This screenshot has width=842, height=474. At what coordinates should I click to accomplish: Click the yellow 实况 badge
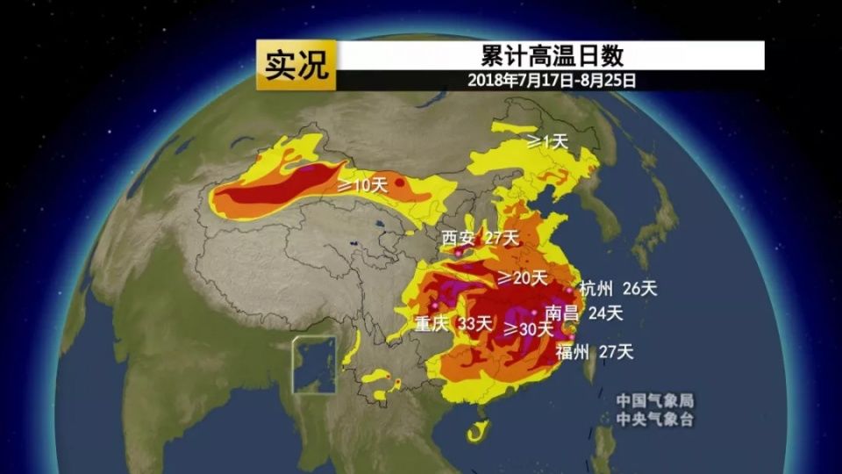[x=296, y=65]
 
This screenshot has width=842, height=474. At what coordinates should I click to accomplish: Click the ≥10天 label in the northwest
[x=362, y=185]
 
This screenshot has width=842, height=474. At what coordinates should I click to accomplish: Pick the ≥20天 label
[x=523, y=278]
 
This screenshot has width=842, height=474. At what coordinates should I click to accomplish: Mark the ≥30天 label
[x=529, y=329]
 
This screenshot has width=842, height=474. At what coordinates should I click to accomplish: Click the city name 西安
[x=458, y=238]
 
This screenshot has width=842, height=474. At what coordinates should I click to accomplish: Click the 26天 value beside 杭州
[x=639, y=288]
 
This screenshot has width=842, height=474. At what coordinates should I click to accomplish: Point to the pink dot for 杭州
[x=570, y=290]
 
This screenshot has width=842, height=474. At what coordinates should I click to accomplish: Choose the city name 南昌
[x=561, y=312]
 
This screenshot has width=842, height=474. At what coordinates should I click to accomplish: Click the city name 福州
[x=574, y=352]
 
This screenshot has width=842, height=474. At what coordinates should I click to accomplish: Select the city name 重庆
[x=432, y=325]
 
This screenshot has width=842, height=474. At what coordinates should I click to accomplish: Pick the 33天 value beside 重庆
[x=477, y=325]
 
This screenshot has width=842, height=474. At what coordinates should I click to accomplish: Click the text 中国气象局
[x=655, y=401]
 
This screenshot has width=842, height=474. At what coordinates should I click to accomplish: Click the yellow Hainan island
[x=477, y=430]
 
